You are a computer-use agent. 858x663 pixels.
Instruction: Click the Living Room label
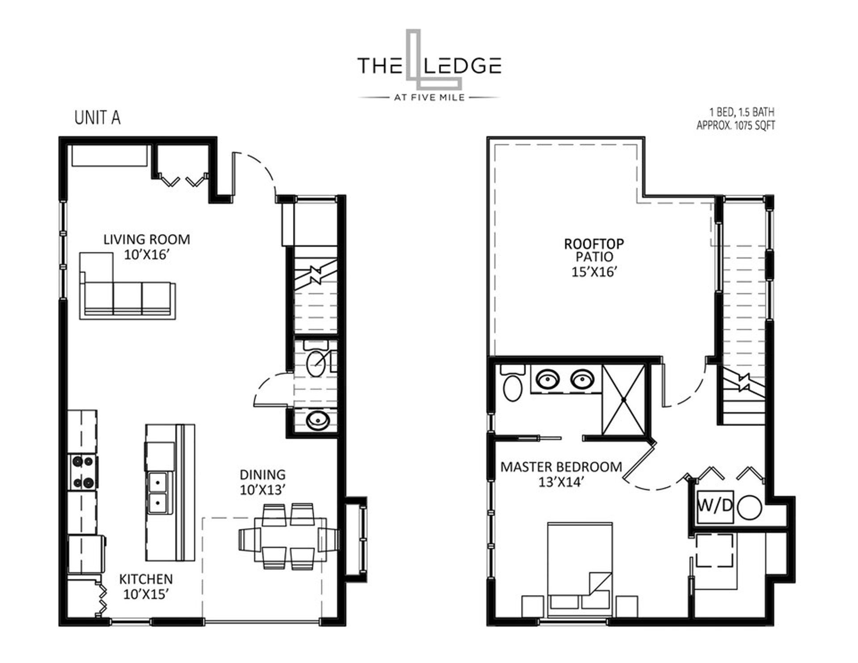coord(147,239)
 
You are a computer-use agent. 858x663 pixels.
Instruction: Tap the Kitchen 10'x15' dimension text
coord(146,594)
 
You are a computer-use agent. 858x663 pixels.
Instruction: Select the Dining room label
coord(262,474)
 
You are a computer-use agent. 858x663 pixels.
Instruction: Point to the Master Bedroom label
coord(561,467)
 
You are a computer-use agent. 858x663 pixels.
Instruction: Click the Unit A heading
coord(97,117)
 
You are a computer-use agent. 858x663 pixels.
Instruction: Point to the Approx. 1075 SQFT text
coord(736,126)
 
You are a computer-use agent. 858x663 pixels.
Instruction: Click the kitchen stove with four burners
coord(83,472)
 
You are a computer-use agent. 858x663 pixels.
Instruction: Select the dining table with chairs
coord(289,537)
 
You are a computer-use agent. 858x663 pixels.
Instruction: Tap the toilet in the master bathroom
coord(512,382)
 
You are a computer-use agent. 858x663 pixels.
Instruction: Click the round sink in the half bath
coord(318,420)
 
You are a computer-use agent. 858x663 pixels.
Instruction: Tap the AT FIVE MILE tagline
coord(429,97)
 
